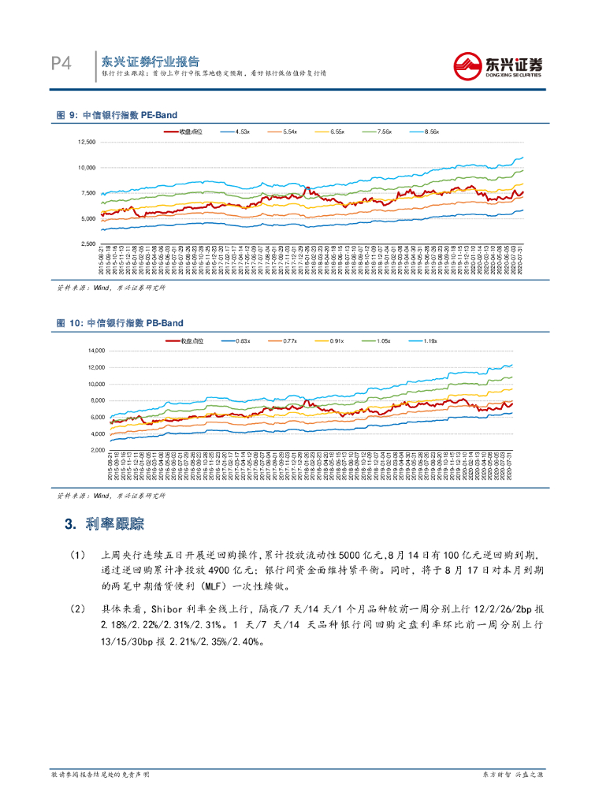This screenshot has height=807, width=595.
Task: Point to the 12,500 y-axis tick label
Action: [85, 142]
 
